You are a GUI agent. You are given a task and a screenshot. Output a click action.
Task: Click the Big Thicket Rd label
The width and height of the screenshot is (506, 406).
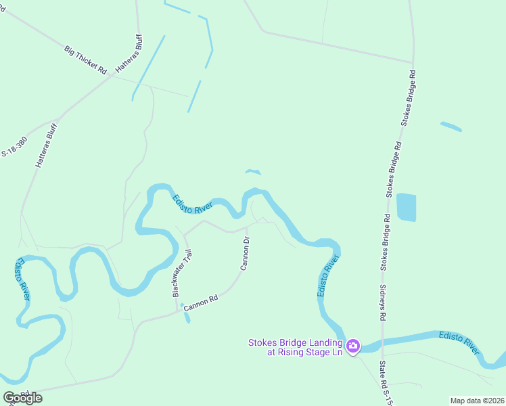pyautogui.click(x=86, y=60)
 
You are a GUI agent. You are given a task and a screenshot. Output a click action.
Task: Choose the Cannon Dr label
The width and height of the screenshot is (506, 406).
pyautogui.click(x=246, y=254)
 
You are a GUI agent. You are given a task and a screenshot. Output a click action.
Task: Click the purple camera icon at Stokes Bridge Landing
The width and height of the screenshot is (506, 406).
pyautogui.click(x=352, y=347)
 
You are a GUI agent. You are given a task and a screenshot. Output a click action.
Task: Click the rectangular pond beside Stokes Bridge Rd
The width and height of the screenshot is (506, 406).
pyautogui.click(x=406, y=207)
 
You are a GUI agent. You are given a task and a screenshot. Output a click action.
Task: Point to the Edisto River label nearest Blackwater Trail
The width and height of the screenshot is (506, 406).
pyautogui.click(x=193, y=205)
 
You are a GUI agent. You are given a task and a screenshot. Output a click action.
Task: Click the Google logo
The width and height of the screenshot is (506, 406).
pyautogui.click(x=23, y=397)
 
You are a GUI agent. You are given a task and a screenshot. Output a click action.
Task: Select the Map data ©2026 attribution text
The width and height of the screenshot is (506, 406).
pyautogui.click(x=477, y=400)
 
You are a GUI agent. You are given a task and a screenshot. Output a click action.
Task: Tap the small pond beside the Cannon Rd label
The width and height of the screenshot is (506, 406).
pyautogui.click(x=185, y=317)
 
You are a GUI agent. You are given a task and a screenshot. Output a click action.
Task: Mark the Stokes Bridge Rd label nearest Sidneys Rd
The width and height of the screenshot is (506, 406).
pyautogui.click(x=386, y=243)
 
